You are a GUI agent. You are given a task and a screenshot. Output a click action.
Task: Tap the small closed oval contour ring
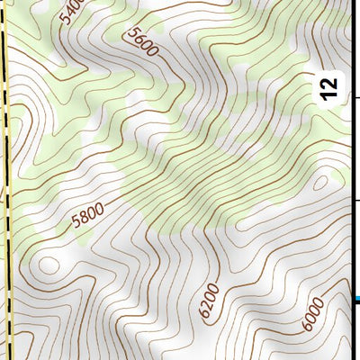click(49, 265)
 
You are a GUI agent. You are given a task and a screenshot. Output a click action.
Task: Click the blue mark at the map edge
click(357, 299)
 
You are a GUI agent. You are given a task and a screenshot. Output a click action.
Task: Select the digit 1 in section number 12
click(330, 94)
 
